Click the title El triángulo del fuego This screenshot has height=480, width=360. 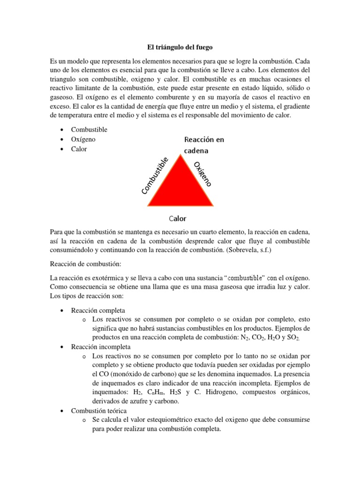point(180,47)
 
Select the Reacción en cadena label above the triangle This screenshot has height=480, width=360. point(204,145)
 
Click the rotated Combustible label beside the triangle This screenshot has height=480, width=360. point(155,176)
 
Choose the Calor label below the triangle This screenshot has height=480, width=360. point(177,218)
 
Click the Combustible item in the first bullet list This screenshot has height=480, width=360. point(89,129)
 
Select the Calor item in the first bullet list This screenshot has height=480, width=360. point(79,149)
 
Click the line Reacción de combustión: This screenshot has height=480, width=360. point(82,264)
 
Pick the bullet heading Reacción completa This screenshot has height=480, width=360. point(98,310)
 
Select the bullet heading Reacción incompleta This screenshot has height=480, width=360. point(101,347)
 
